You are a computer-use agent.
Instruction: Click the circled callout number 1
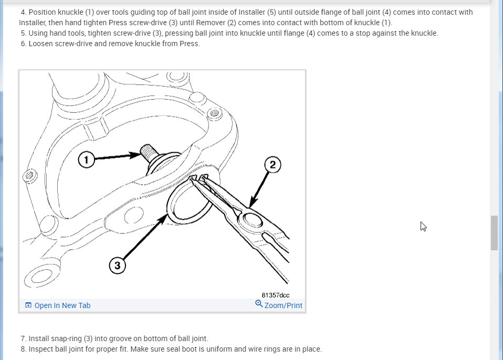point(86,160)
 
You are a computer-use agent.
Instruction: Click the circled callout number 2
point(273,165)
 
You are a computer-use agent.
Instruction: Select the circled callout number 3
point(117,266)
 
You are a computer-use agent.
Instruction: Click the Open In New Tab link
point(62,305)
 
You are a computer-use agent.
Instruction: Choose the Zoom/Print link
point(284,305)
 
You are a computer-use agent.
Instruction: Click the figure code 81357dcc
point(276,295)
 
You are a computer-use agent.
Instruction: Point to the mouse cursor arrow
point(423,226)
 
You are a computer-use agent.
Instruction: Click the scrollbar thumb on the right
point(494,232)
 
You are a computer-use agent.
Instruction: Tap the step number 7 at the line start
point(24,338)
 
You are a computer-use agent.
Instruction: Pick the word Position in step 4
point(44,12)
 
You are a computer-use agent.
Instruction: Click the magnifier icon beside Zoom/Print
point(259,304)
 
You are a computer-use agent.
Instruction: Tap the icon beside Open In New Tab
point(28,305)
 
